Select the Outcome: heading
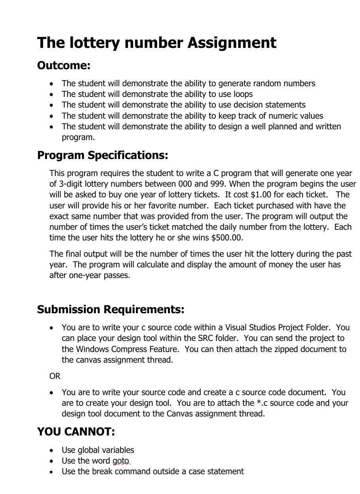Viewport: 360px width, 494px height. [64, 65]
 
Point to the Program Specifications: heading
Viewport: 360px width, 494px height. [102, 155]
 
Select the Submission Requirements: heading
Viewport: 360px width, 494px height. [111, 309]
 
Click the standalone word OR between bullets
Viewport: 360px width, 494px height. [55, 376]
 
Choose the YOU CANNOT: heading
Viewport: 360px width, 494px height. [76, 432]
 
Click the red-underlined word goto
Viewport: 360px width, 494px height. [121, 461]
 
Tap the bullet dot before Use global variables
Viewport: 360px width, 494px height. [52, 450]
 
